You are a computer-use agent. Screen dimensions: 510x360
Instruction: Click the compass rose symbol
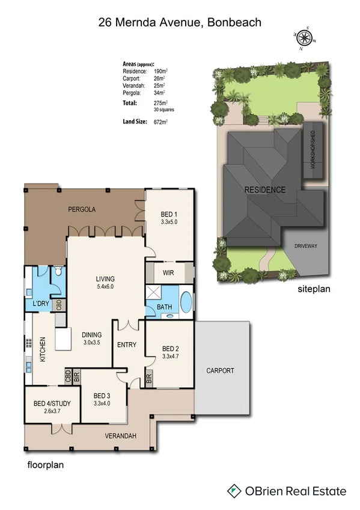(x=305, y=38)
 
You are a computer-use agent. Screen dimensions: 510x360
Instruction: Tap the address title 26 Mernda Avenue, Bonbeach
(x=180, y=23)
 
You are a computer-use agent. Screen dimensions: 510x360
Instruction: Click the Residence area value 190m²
(x=160, y=72)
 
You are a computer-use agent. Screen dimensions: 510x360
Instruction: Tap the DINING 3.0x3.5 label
(x=91, y=339)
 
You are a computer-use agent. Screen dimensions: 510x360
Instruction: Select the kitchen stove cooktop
(x=28, y=345)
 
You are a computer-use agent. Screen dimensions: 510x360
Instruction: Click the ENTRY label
(x=127, y=345)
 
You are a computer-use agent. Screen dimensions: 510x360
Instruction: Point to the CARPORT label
(x=220, y=370)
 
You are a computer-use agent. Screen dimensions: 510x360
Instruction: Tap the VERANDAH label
(x=119, y=435)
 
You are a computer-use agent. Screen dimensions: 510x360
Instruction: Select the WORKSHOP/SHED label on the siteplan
(x=312, y=150)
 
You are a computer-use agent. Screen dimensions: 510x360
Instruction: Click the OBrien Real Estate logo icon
(x=235, y=491)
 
